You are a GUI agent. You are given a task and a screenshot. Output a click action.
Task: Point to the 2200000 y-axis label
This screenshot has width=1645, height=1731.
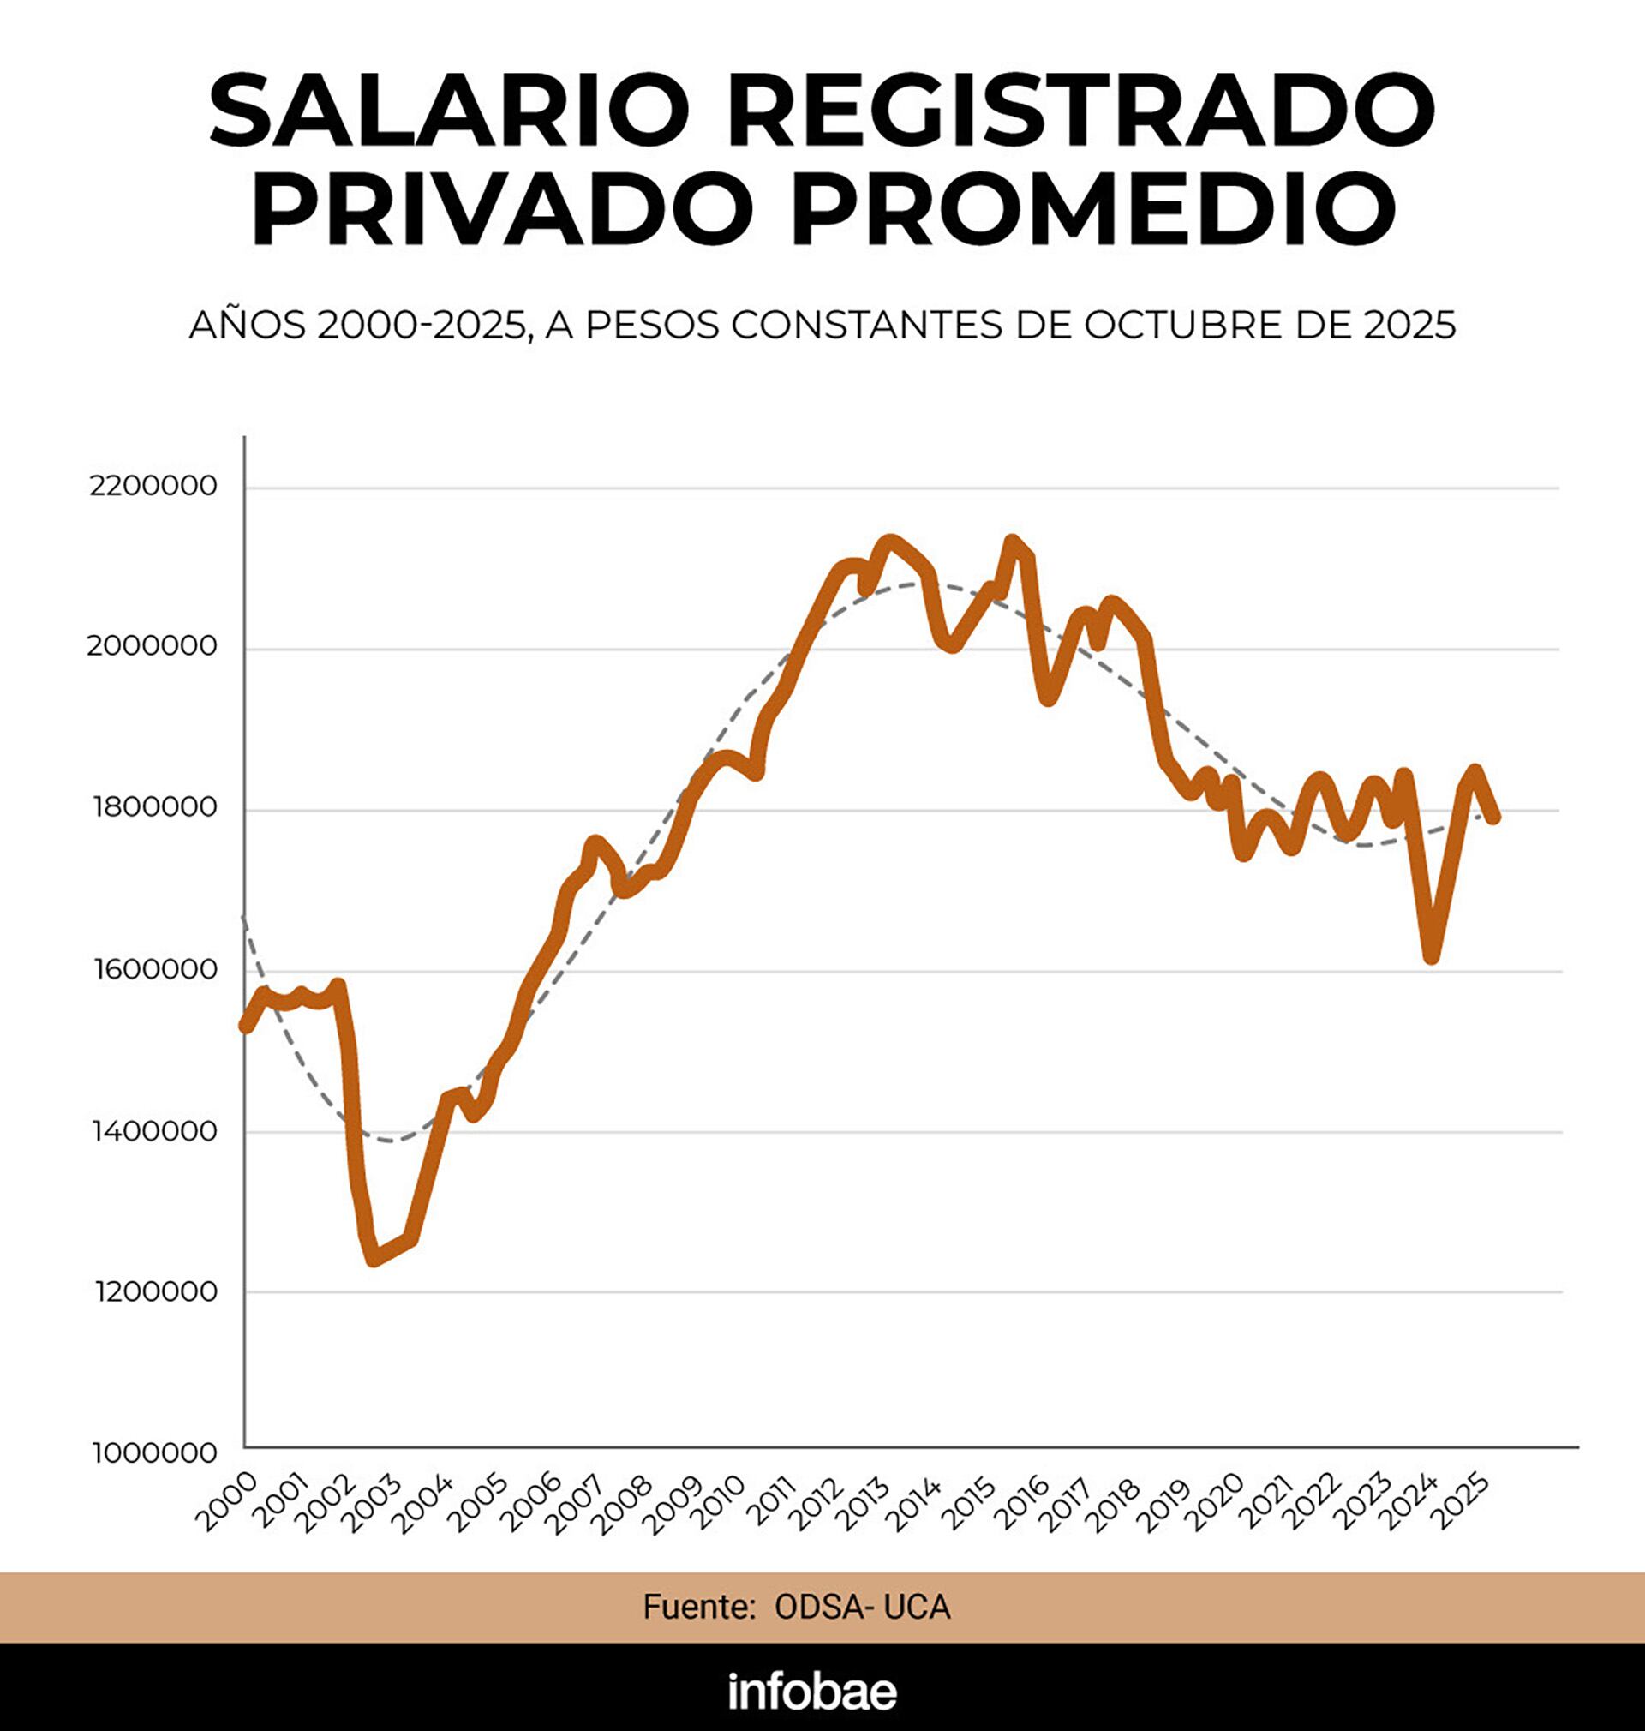click(x=153, y=486)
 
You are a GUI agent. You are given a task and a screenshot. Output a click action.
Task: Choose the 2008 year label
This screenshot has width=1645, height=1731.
click(x=623, y=1501)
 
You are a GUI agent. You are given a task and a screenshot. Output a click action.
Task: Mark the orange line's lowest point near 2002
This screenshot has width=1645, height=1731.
click(x=374, y=1260)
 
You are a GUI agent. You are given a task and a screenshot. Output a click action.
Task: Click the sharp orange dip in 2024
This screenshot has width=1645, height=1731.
click(x=1431, y=956)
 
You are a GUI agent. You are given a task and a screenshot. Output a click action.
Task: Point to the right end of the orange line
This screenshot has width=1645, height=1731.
click(x=1495, y=818)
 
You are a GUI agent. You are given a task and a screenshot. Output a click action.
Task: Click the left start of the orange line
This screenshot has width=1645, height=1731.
click(x=247, y=1027)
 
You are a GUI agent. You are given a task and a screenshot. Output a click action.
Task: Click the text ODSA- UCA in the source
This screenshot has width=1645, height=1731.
click(x=862, y=1607)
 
